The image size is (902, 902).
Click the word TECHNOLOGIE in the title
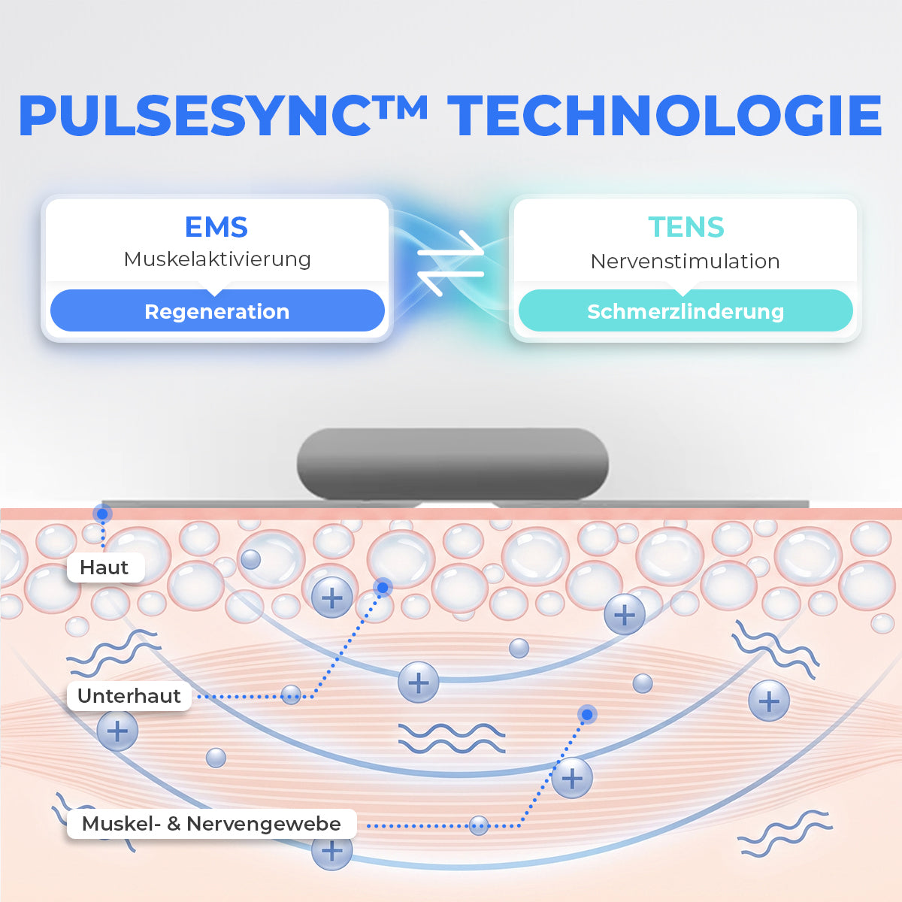click(664, 116)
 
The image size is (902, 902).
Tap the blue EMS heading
click(216, 227)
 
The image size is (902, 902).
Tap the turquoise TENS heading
click(686, 227)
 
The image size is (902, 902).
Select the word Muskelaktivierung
click(217, 259)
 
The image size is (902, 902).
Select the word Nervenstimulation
click(686, 261)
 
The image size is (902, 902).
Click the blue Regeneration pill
click(217, 310)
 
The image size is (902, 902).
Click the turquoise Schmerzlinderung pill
click(686, 310)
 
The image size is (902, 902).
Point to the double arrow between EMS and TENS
click(450, 264)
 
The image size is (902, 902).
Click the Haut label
click(105, 568)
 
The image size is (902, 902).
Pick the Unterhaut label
click(129, 695)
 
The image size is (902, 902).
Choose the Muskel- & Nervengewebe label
click(211, 824)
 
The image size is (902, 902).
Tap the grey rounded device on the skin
click(453, 464)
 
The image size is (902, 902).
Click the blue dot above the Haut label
click(102, 514)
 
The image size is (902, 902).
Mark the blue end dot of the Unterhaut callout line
click(383, 587)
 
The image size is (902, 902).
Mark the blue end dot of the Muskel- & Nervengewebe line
click(588, 714)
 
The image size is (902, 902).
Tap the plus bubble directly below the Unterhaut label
click(117, 731)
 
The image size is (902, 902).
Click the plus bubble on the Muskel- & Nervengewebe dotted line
click(572, 778)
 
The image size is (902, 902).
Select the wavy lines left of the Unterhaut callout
click(114, 653)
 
